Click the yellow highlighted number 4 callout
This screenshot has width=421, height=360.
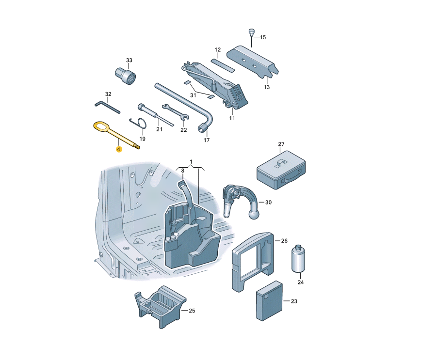[x=119, y=149]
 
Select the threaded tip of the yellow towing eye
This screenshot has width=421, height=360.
[x=137, y=147]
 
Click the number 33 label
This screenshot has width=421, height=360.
[x=129, y=61]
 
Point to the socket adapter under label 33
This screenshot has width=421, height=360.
[x=126, y=76]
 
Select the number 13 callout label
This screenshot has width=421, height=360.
[x=267, y=87]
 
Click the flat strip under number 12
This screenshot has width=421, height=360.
[x=223, y=65]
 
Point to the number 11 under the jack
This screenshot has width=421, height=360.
[x=232, y=118]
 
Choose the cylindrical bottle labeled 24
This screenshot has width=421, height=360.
[x=298, y=258]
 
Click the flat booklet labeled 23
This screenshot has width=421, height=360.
[x=269, y=301]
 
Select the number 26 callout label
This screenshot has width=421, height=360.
[x=284, y=241]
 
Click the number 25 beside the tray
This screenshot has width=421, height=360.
[x=192, y=311]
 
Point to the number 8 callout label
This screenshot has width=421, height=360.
[x=182, y=171]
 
